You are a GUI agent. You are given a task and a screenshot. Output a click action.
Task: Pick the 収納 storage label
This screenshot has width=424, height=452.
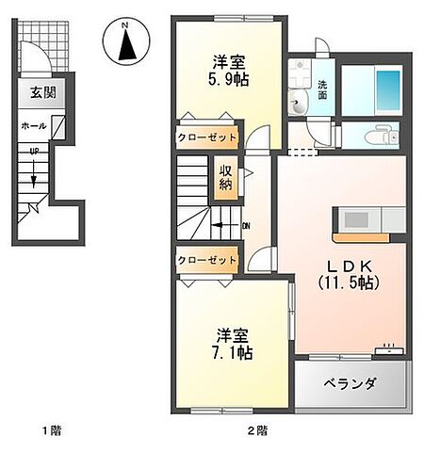click(227, 176)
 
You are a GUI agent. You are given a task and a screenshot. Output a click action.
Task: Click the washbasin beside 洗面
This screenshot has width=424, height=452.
click(299, 105)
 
